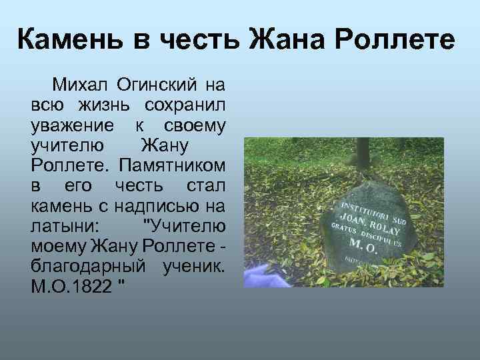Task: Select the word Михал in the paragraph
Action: [x=82, y=85]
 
